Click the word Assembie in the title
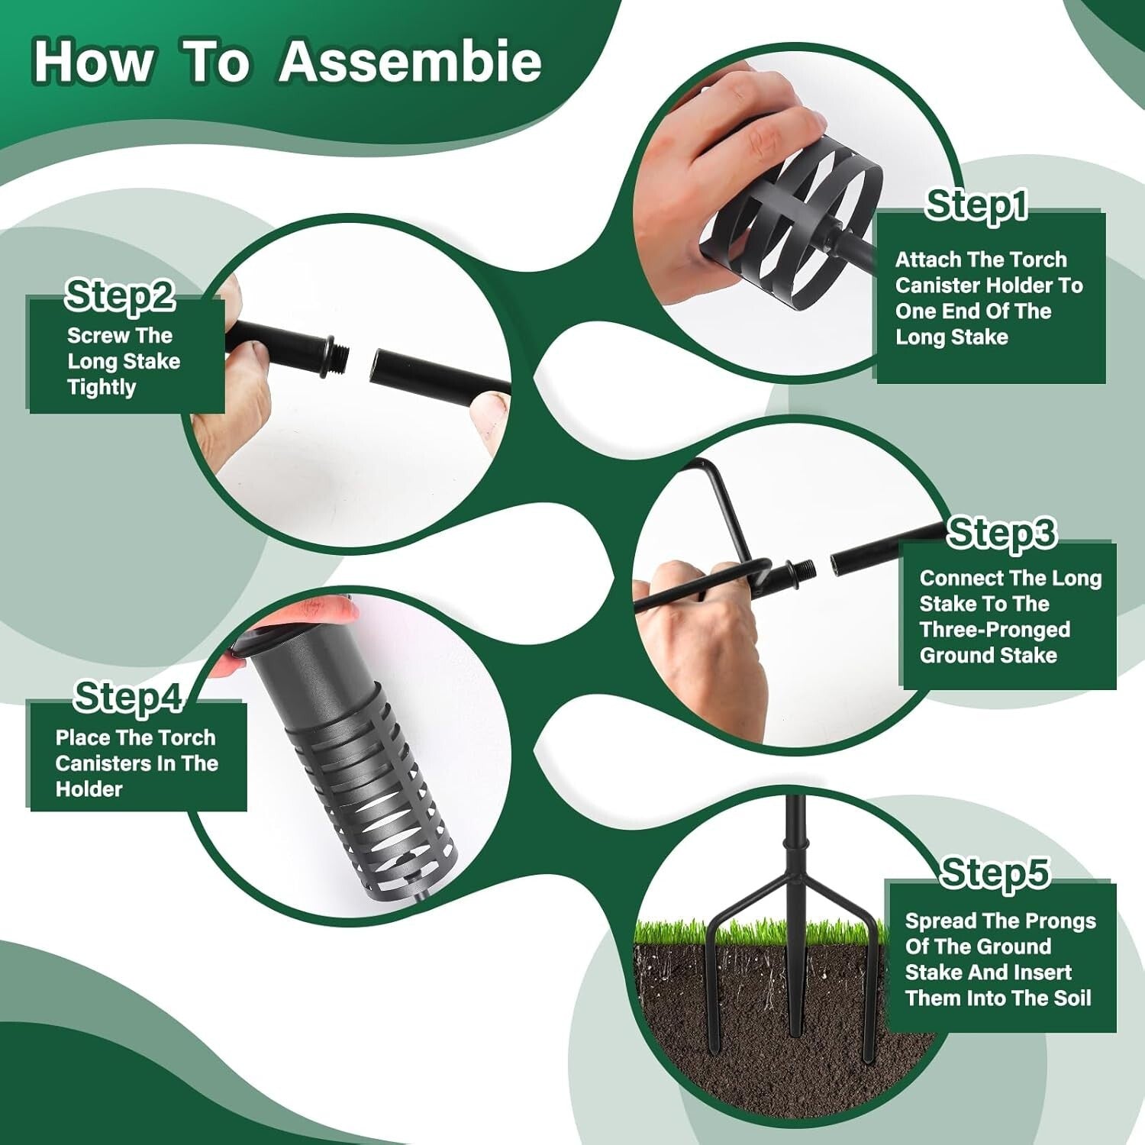coord(410,60)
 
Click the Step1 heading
coord(976,205)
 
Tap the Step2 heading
coord(120,295)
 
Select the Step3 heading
coord(1001,532)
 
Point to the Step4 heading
coord(128,697)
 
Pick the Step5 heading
coord(995,872)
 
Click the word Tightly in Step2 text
coord(102,387)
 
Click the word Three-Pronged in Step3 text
coord(995,630)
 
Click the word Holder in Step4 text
coord(89,789)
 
